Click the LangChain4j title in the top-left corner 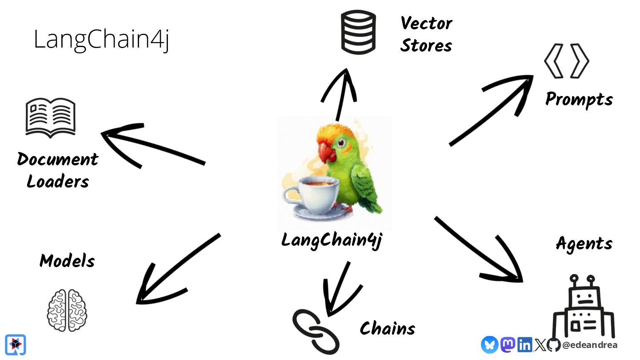[101, 40]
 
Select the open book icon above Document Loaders [51, 117]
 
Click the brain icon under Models [67, 310]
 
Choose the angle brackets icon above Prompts [567, 61]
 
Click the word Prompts [579, 100]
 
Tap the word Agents [584, 244]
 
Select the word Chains [388, 329]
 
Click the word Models [67, 261]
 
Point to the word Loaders [58, 181]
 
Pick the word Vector [426, 23]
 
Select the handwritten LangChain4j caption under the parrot [332, 240]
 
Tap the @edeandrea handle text [590, 345]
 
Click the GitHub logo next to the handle [553, 345]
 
